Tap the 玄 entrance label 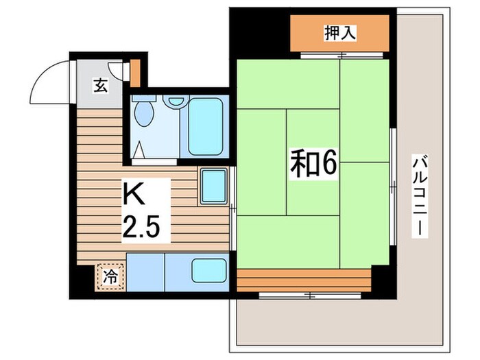point(100,86)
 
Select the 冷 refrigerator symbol point(110,276)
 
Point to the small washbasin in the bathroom point(176,101)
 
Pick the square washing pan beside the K point(214,185)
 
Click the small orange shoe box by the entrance point(136,71)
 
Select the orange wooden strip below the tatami point(304,278)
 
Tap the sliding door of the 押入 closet point(339,53)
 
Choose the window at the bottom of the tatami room point(309,295)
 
